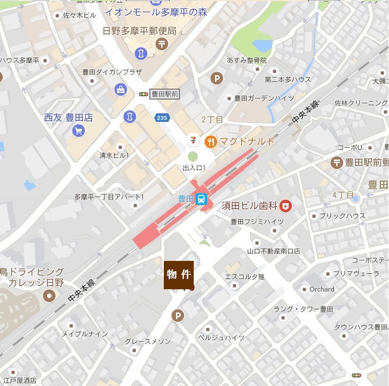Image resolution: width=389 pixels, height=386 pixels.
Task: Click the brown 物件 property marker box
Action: (x=178, y=275)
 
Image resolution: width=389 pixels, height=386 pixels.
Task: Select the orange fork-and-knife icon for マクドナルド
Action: (x=210, y=142)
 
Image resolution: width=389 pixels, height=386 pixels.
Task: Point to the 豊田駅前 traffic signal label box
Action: (x=165, y=94)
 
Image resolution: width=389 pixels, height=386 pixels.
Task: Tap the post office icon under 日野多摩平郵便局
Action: (x=161, y=43)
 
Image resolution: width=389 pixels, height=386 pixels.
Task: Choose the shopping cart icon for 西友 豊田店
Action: (x=78, y=130)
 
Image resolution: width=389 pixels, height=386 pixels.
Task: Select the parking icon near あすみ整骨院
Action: (x=217, y=78)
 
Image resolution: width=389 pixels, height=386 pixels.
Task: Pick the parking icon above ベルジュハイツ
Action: (x=178, y=316)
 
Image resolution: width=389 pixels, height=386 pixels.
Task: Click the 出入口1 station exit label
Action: (x=194, y=168)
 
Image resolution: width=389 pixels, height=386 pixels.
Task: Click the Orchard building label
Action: (x=322, y=289)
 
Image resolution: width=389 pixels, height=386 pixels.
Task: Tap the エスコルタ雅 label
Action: (x=244, y=277)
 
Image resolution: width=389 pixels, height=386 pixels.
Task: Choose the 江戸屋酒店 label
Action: (x=19, y=381)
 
